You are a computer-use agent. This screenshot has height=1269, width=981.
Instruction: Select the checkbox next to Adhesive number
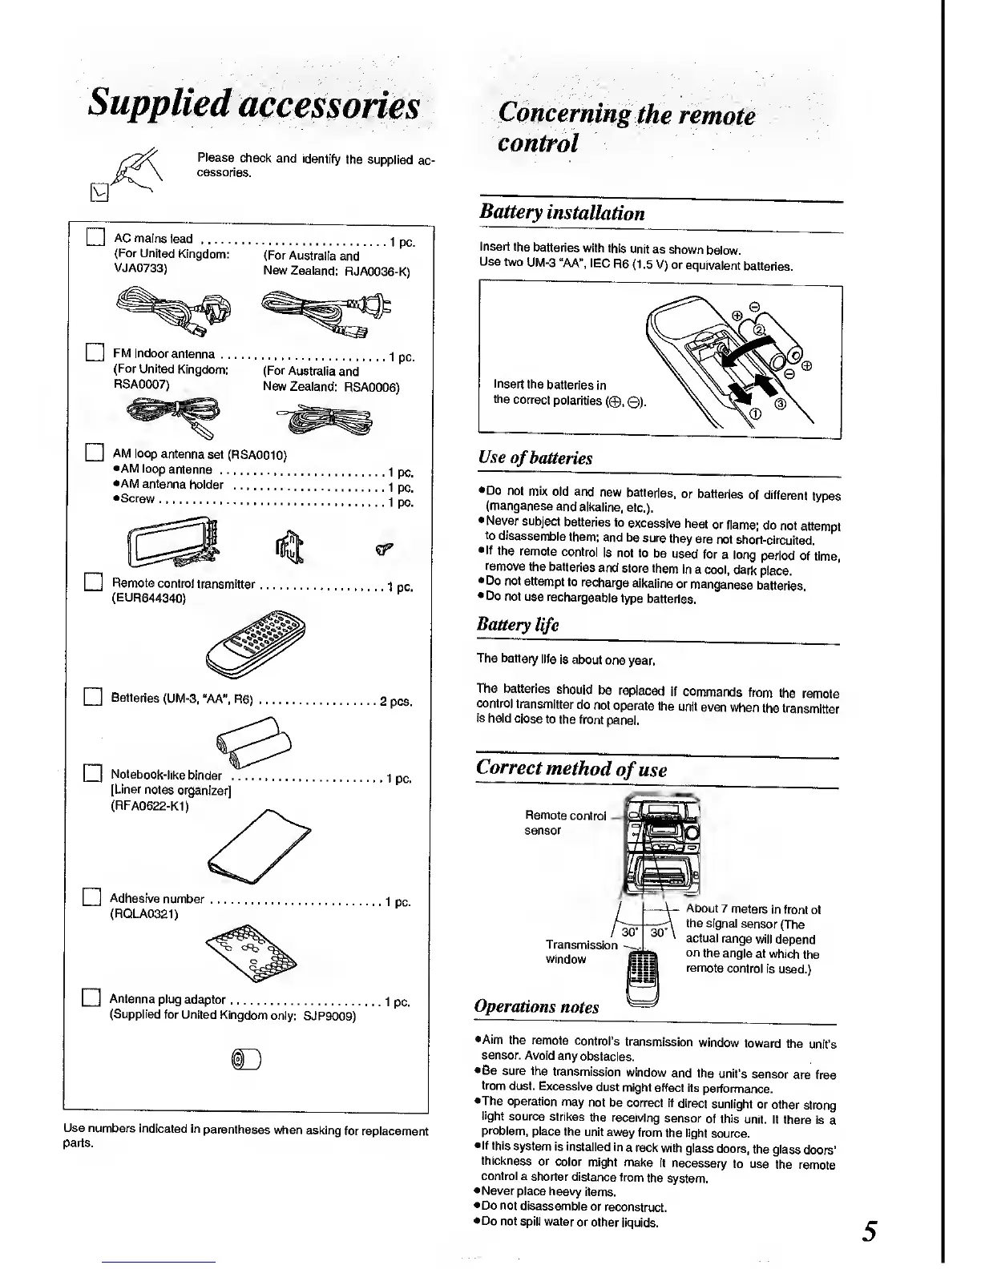pyautogui.click(x=91, y=896)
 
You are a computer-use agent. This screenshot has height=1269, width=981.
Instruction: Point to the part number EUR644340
pyautogui.click(x=147, y=598)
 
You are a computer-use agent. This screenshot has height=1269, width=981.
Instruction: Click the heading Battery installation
pyautogui.click(x=561, y=213)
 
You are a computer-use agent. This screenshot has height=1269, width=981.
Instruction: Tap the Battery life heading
pyautogui.click(x=517, y=624)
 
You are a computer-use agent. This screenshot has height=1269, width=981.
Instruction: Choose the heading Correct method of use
pyautogui.click(x=571, y=768)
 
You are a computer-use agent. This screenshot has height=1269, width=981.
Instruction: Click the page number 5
pyautogui.click(x=870, y=1230)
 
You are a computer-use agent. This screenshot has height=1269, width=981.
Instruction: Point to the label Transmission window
pyautogui.click(x=580, y=952)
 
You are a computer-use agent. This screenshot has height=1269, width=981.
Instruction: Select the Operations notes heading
pyautogui.click(x=536, y=1006)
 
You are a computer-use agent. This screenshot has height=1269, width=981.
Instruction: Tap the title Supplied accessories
pyautogui.click(x=254, y=103)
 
